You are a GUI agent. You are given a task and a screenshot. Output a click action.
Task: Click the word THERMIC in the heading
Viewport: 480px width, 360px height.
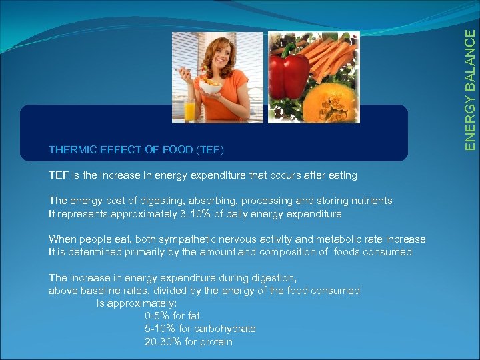point(71,149)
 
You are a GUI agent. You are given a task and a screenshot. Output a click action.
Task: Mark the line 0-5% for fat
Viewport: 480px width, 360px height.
point(172,315)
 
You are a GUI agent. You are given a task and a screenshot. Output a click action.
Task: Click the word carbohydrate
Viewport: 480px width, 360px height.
point(227,329)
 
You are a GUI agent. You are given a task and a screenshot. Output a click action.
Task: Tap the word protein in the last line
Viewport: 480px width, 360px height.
point(216,342)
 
